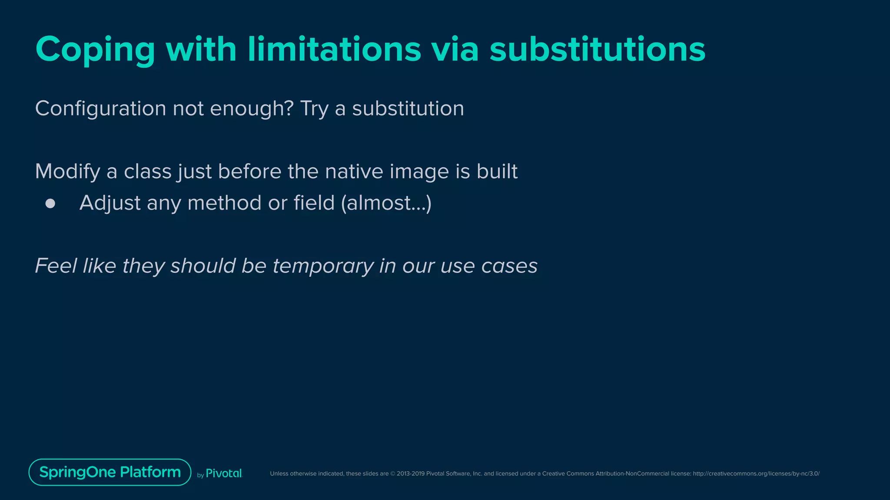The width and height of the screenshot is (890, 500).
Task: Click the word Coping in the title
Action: pos(95,50)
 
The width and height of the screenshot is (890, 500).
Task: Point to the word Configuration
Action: pos(100,109)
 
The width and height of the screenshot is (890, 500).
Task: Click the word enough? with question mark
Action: pos(252,109)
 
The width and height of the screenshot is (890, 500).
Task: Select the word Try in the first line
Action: pos(314,109)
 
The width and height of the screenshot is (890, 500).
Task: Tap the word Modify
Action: pos(67,171)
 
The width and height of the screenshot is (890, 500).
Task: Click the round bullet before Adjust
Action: pos(50,204)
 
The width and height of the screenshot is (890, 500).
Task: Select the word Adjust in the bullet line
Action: pos(110,203)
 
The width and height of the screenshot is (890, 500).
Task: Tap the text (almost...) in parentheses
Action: pos(386,203)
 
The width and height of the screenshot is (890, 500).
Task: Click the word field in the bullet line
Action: pos(314,203)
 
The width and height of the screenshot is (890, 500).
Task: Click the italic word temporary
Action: pos(323,266)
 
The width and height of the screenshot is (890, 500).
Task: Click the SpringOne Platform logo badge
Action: pos(110,472)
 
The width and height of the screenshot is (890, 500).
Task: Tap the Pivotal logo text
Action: pos(223,474)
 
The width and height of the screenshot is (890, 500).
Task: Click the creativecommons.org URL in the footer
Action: pos(756,474)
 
